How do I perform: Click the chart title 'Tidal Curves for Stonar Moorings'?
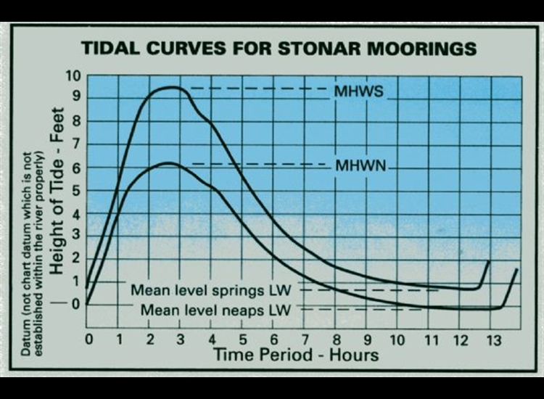279,49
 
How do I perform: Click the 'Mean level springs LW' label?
210,290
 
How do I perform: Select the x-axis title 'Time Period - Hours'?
295,354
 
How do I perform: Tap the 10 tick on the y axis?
73,77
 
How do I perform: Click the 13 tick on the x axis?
492,340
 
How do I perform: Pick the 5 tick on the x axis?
243,340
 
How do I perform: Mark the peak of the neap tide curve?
168,163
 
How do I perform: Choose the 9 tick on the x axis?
368,340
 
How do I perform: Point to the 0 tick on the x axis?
88,340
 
